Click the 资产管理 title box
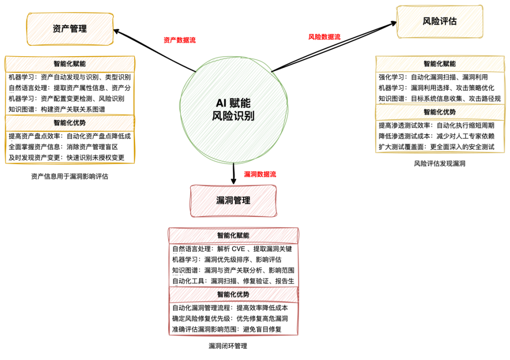pyautogui.click(x=70, y=29)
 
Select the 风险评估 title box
pyautogui.click(x=440, y=21)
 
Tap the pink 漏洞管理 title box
pyautogui.click(x=233, y=201)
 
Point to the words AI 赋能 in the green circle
pyautogui.click(x=233, y=103)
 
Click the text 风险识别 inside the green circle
pyautogui.click(x=233, y=116)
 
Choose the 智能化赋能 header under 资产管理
pyautogui.click(x=70, y=64)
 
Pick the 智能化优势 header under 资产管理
pyautogui.click(x=70, y=123)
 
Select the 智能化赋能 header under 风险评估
pyautogui.click(x=440, y=64)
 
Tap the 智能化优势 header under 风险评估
pyautogui.click(x=440, y=112)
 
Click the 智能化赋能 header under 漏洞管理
pyautogui.click(x=233, y=235)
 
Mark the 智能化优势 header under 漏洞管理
pyautogui.click(x=233, y=294)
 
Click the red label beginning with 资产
pyautogui.click(x=180, y=40)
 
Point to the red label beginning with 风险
pyautogui.click(x=324, y=37)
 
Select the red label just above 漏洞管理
pyautogui.click(x=260, y=174)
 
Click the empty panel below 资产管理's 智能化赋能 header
pyautogui.click(x=70, y=93)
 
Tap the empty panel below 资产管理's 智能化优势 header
pyautogui.click(x=70, y=147)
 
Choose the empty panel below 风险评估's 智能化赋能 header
pyautogui.click(x=440, y=88)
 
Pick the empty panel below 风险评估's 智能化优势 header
pyautogui.click(x=440, y=137)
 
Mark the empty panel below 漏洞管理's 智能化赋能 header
pyautogui.click(x=233, y=265)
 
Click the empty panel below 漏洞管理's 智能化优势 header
pyautogui.click(x=233, y=318)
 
